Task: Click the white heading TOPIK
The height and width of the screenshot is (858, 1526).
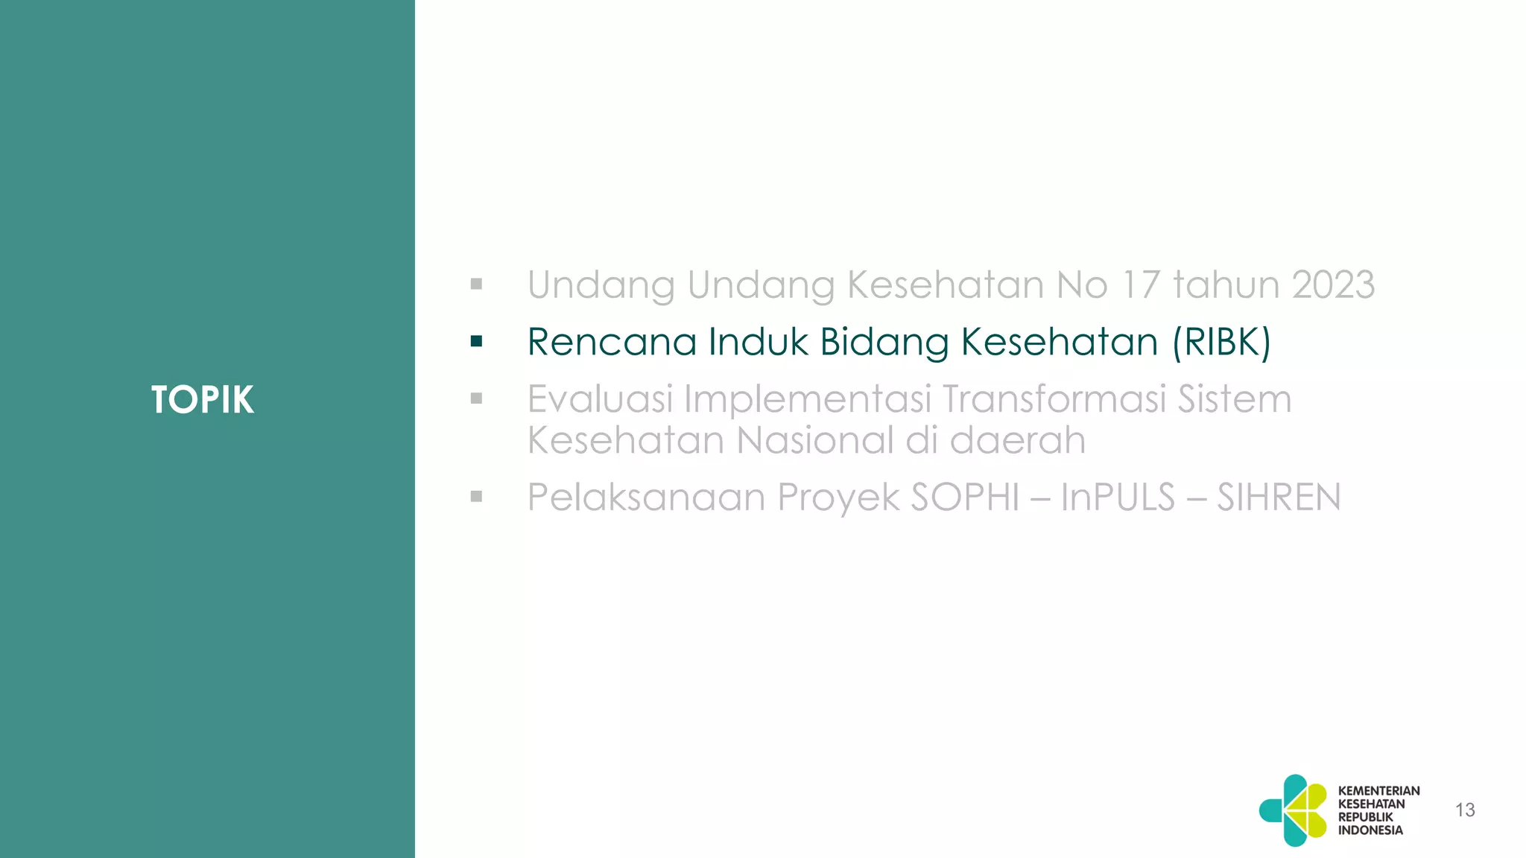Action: click(x=202, y=400)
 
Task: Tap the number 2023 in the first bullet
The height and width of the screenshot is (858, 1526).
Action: click(x=1332, y=285)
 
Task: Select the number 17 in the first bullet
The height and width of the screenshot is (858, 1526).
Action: click(x=1139, y=285)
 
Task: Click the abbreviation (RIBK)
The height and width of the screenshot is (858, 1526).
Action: click(x=1221, y=342)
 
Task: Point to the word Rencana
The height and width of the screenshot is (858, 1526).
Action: click(x=611, y=342)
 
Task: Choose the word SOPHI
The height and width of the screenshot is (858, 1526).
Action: click(x=964, y=497)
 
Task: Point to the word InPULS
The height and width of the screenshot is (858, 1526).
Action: click(x=1117, y=497)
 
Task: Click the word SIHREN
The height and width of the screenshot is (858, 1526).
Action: click(x=1279, y=497)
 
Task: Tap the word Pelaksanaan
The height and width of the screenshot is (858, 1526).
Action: click(x=646, y=497)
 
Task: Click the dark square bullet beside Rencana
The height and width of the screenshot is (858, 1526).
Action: click(x=477, y=342)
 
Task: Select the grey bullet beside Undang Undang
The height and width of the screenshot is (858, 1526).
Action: click(x=477, y=285)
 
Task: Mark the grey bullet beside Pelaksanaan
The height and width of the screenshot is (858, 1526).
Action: click(x=477, y=497)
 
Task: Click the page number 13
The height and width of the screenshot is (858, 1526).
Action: click(x=1465, y=810)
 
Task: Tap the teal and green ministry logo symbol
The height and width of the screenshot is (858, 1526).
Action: click(x=1294, y=810)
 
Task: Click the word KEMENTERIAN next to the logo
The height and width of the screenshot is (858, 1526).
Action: click(x=1378, y=791)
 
